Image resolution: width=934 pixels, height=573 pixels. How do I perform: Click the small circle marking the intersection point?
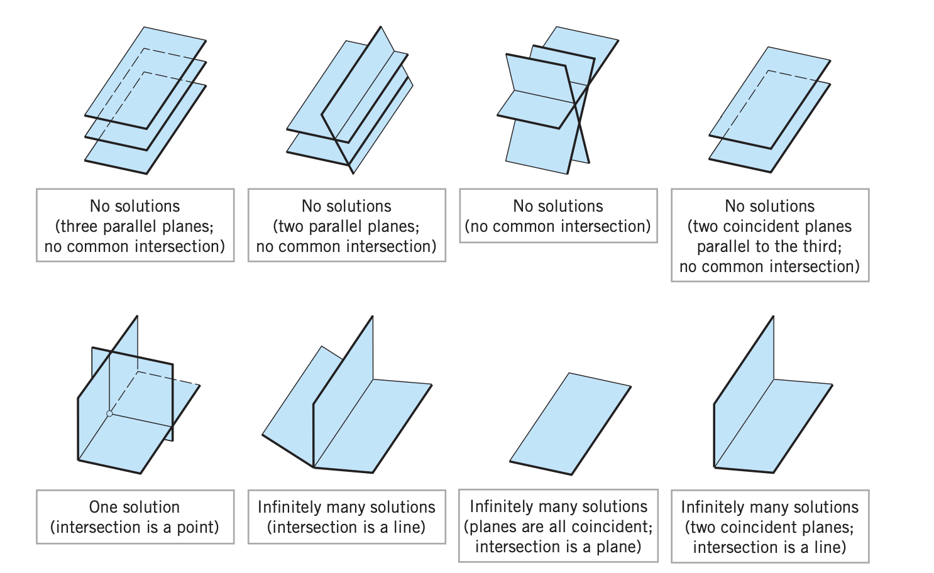click(109, 413)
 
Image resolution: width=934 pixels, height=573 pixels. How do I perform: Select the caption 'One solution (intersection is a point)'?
click(135, 516)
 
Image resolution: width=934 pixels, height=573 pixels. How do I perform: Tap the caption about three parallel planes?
click(135, 226)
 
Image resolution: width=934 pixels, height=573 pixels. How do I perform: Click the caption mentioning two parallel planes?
click(346, 226)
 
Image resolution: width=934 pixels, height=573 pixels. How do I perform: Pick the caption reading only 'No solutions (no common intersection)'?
click(558, 216)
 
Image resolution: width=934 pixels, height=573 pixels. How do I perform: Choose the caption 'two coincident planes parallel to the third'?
click(770, 236)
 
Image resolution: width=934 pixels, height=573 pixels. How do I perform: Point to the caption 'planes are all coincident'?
click(558, 526)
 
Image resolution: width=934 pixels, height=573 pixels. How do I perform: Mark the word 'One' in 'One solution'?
click(103, 507)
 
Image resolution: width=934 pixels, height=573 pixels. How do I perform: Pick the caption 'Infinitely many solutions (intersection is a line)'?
click(346, 516)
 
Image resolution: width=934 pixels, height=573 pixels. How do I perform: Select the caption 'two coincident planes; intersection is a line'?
click(770, 527)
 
